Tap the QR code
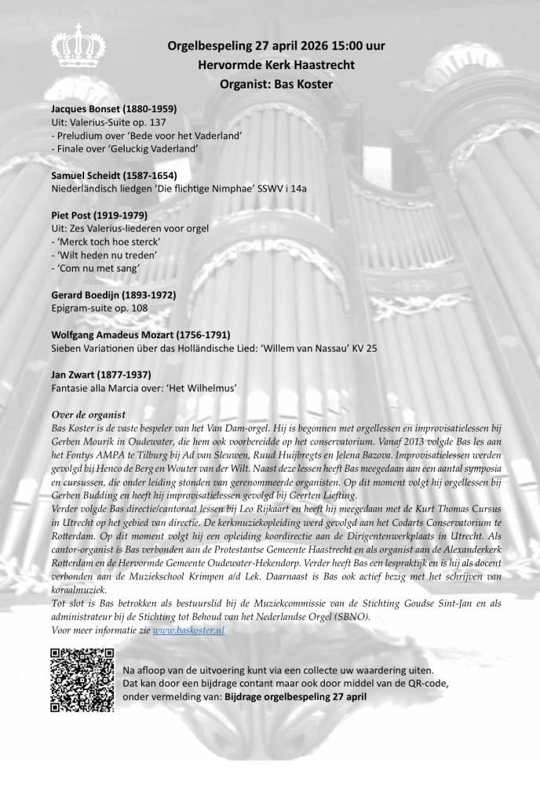pyautogui.click(x=82, y=678)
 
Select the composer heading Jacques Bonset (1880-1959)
pyautogui.click(x=113, y=108)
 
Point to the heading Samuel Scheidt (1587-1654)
pyautogui.click(x=114, y=174)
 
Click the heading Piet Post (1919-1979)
pyautogui.click(x=99, y=214)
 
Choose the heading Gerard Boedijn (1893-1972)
pyautogui.click(x=113, y=294)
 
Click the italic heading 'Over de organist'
pyautogui.click(x=88, y=414)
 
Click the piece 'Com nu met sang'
pyautogui.click(x=97, y=268)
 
